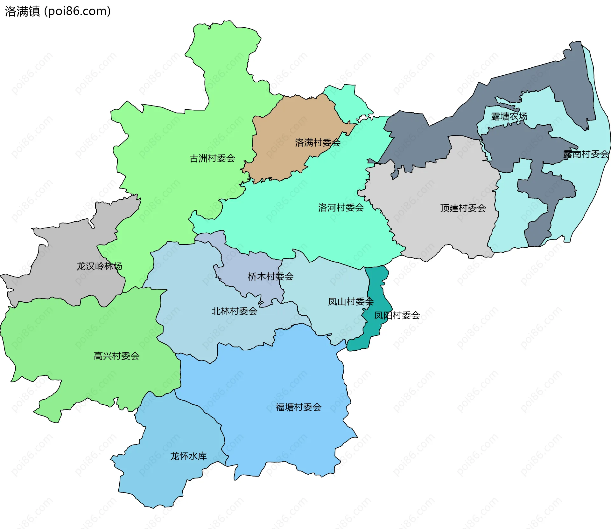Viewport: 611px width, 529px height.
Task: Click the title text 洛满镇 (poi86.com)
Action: [58, 11]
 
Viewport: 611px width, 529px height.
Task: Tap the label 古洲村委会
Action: [212, 158]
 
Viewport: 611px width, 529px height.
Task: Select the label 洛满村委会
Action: [318, 142]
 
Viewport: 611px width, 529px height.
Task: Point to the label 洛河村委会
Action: [341, 208]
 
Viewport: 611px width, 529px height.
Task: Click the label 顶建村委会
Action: [463, 208]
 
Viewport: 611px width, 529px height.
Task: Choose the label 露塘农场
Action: [509, 116]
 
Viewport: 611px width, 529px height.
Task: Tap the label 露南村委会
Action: [586, 154]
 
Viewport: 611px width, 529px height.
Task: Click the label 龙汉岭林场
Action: [99, 266]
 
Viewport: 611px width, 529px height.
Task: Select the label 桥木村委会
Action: [270, 276]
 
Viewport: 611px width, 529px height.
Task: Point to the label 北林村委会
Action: [234, 311]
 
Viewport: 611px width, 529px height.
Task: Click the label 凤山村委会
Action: [350, 301]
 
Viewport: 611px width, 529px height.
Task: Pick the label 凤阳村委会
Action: [397, 315]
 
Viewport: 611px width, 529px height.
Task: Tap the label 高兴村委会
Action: [116, 356]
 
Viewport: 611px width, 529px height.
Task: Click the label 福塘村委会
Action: [298, 407]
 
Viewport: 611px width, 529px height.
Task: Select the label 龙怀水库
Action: [188, 456]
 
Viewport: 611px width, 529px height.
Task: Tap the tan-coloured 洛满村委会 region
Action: [286, 121]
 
